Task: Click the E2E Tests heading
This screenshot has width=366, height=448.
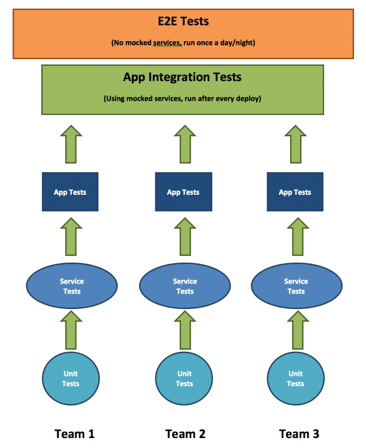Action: tap(183, 21)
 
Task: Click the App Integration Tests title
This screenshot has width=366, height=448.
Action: tap(182, 77)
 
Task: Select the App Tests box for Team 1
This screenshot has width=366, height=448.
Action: tap(70, 192)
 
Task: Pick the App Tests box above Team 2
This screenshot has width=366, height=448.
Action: tap(183, 192)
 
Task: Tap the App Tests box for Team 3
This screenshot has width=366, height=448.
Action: tap(295, 192)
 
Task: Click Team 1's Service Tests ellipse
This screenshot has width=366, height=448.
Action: tap(72, 286)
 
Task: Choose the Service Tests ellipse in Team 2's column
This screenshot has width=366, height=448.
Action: tap(185, 286)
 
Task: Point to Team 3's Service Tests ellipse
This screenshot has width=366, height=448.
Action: tap(296, 286)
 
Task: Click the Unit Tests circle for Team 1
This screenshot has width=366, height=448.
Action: tap(71, 379)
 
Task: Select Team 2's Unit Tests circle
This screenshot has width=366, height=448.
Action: tap(184, 379)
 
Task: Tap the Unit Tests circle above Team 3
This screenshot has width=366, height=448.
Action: tap(295, 379)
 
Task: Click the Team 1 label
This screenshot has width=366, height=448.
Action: tap(74, 433)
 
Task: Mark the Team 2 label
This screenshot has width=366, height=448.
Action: tap(185, 433)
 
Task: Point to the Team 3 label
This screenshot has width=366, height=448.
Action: tap(299, 433)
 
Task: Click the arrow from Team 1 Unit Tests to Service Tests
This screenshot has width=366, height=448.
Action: tap(71, 330)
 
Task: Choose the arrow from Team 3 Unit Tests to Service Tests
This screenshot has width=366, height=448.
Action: tap(295, 330)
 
